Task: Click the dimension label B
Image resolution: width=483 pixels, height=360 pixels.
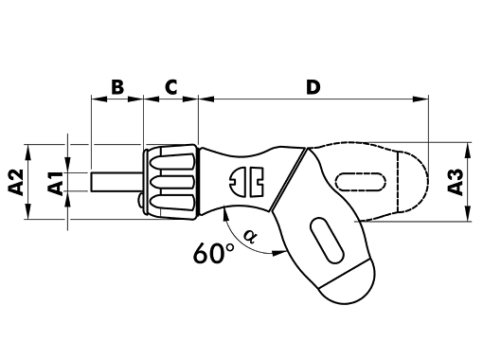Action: tap(117, 87)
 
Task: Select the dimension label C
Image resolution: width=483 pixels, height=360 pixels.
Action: tap(171, 87)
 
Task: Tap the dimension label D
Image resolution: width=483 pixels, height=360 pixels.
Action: tap(313, 87)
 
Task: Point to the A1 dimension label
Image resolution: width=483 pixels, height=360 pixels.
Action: tap(55, 183)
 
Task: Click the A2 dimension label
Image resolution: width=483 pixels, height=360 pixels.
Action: tap(16, 182)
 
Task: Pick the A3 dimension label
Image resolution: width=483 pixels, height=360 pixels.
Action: tap(456, 182)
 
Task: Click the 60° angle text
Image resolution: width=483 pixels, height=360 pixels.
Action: tap(214, 253)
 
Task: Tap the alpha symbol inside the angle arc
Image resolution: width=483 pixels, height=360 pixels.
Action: tap(251, 236)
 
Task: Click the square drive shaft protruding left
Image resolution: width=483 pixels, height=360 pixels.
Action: tap(116, 182)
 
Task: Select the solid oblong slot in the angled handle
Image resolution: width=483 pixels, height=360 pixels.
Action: tap(327, 241)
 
